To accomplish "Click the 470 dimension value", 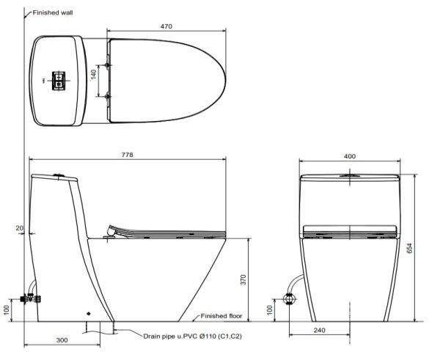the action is (x=166, y=26).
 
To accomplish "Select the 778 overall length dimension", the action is (x=127, y=155).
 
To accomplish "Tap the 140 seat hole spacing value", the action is (x=94, y=75).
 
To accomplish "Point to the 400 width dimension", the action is (x=350, y=156).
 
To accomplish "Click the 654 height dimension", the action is (x=410, y=248).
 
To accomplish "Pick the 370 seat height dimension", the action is (x=243, y=279).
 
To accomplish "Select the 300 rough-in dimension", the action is (x=62, y=340).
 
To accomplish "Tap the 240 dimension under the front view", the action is (x=319, y=331).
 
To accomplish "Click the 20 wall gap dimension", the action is (x=19, y=228).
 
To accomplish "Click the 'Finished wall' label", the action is (x=53, y=12).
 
